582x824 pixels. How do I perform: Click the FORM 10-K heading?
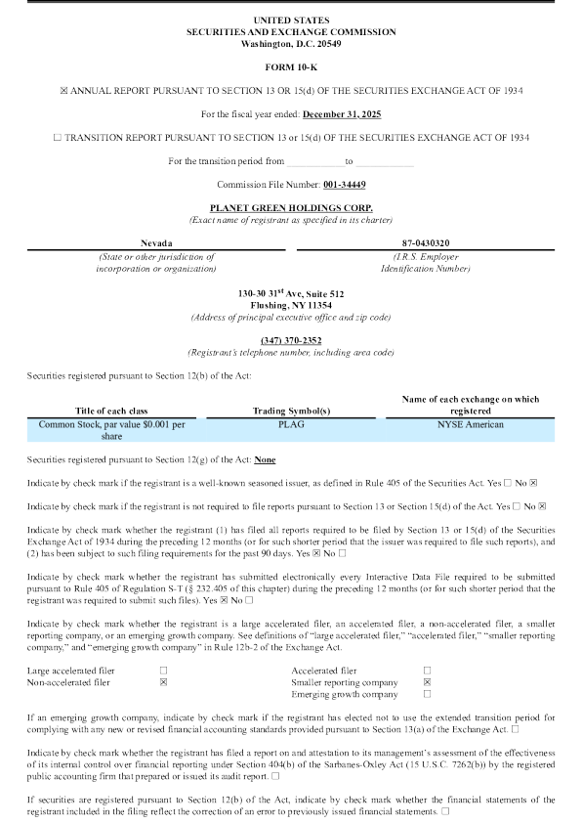pyautogui.click(x=290, y=67)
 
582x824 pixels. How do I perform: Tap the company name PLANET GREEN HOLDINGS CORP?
pyautogui.click(x=290, y=207)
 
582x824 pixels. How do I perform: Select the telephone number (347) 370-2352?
pyautogui.click(x=290, y=340)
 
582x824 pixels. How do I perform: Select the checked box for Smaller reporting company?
pyautogui.click(x=427, y=681)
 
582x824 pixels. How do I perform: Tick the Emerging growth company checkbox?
pyautogui.click(x=427, y=693)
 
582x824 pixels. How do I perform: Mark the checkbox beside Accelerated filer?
pyautogui.click(x=427, y=671)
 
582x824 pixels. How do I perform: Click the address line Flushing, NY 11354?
pyautogui.click(x=290, y=305)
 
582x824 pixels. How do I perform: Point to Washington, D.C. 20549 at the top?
pyautogui.click(x=290, y=44)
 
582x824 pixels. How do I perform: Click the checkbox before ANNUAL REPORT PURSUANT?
pyautogui.click(x=63, y=91)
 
